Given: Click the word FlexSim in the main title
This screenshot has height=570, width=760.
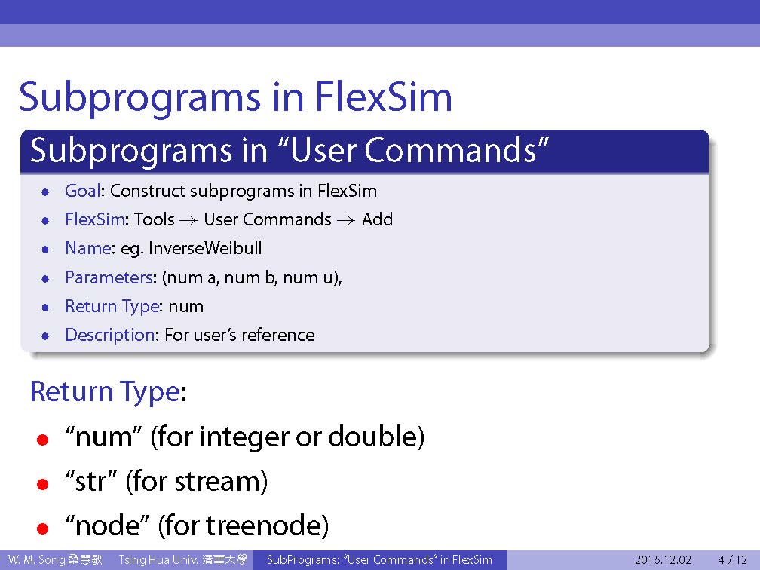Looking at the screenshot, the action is point(383,97).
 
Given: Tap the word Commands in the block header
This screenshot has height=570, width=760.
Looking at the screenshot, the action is point(450,150).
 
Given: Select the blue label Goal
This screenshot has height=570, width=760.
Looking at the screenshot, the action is point(83,191).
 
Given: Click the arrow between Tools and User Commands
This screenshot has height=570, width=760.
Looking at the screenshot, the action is point(188,220).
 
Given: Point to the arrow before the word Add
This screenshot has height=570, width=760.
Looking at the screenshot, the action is point(346,220).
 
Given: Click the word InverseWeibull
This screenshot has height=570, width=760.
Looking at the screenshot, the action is point(205,248).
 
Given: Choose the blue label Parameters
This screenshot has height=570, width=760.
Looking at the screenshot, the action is point(109,277).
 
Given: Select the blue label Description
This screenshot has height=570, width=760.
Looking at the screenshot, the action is point(110,335).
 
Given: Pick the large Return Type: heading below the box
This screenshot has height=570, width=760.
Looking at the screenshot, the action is point(108,391).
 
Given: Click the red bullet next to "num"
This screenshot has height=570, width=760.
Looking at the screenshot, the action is point(43,440).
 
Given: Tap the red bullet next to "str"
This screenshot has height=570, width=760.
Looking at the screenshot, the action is point(43,484).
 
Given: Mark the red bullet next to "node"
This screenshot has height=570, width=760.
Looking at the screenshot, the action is point(43,528).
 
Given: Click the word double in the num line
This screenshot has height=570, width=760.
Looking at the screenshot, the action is point(371,437).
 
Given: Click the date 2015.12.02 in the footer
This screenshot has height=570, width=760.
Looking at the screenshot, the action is point(663,559).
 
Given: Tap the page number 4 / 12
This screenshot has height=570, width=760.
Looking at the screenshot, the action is point(733,559).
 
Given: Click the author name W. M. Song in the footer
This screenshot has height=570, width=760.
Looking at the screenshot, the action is point(37,559).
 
